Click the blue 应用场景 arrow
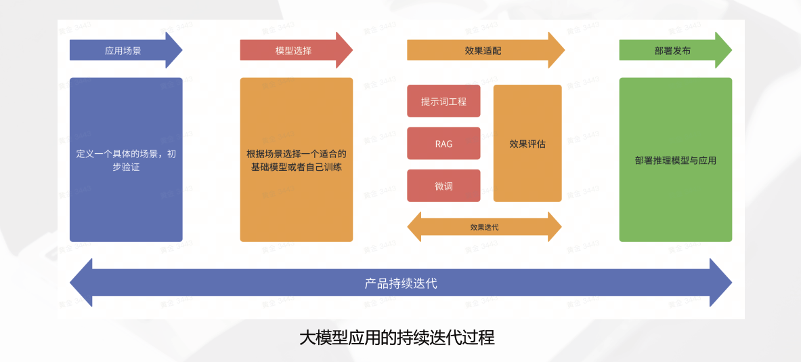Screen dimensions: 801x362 click(x=123, y=50)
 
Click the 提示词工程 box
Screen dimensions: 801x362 click(x=443, y=101)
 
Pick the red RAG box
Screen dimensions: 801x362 click(x=443, y=143)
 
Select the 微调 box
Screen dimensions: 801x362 click(x=443, y=186)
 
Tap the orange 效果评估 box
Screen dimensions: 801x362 click(x=527, y=143)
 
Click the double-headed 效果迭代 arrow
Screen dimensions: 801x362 click(x=484, y=227)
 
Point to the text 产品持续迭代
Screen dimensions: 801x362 click(x=401, y=283)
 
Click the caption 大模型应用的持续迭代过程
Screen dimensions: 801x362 click(x=397, y=337)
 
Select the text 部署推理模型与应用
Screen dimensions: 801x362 click(x=675, y=161)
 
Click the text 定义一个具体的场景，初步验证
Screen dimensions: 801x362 click(x=126, y=160)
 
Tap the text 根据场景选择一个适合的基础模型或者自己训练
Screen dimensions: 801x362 click(x=297, y=160)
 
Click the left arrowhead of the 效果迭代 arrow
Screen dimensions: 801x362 click(x=414, y=227)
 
